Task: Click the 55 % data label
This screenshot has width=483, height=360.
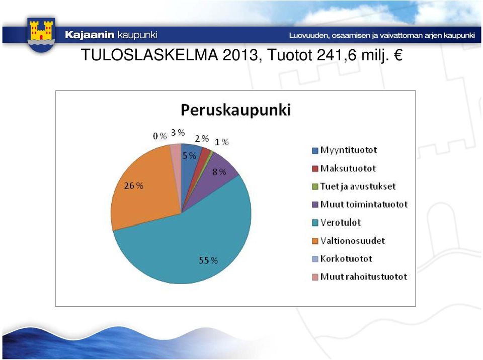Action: point(208,260)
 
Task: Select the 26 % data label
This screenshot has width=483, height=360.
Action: point(134,186)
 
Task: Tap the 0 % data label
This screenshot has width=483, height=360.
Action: point(160,136)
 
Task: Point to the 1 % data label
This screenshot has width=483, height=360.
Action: point(221,142)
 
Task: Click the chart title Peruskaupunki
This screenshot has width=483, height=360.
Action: point(235,110)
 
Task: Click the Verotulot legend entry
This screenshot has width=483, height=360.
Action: point(337,222)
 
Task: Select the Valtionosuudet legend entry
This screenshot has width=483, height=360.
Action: point(348,240)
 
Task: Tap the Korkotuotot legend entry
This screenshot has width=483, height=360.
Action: point(342,258)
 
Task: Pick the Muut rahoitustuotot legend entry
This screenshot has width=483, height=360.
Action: point(359,277)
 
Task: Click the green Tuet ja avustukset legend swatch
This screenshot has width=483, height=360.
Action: point(315,187)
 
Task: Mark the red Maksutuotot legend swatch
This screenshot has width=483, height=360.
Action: point(315,168)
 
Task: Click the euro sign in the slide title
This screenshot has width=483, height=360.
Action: point(397,55)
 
